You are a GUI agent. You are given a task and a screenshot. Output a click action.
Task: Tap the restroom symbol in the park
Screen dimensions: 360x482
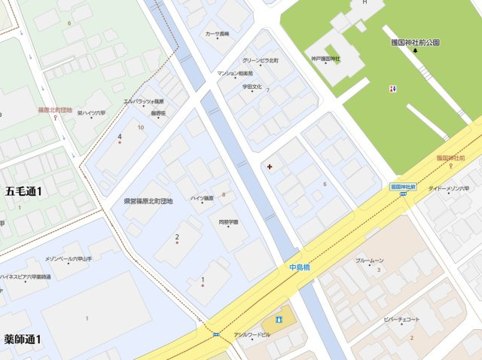pos(392,88)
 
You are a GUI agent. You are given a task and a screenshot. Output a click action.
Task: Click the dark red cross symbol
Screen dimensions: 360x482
pos(270,165)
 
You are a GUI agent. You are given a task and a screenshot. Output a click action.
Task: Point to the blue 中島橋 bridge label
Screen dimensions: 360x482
pos(299,267)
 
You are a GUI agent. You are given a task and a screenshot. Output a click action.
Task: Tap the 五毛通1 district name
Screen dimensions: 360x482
pos(23,191)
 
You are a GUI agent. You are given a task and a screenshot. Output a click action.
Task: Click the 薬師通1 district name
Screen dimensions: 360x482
pos(23,339)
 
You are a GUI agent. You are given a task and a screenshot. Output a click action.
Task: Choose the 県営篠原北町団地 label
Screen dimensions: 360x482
pos(148,201)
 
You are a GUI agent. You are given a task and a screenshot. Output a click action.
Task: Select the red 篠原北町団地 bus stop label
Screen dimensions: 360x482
pos(54,110)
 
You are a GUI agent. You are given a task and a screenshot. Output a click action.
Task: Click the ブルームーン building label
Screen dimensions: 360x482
pos(370,260)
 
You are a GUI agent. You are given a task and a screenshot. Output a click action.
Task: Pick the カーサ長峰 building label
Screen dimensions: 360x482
pos(218,34)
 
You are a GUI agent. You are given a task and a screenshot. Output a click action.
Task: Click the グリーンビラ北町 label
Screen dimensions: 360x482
pos(261,60)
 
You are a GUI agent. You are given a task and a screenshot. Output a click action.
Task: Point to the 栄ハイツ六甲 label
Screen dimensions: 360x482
pos(92,112)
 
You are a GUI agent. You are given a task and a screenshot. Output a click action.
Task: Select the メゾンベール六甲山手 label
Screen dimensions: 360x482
pos(68,258)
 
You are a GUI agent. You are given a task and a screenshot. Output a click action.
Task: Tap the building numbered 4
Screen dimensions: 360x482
pos(120,137)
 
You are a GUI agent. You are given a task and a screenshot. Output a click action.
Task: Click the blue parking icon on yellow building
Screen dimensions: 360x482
pos(279,319)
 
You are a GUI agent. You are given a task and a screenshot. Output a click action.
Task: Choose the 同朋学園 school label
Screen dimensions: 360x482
pos(228,222)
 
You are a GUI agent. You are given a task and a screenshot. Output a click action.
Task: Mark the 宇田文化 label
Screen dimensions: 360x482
pos(252,87)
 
